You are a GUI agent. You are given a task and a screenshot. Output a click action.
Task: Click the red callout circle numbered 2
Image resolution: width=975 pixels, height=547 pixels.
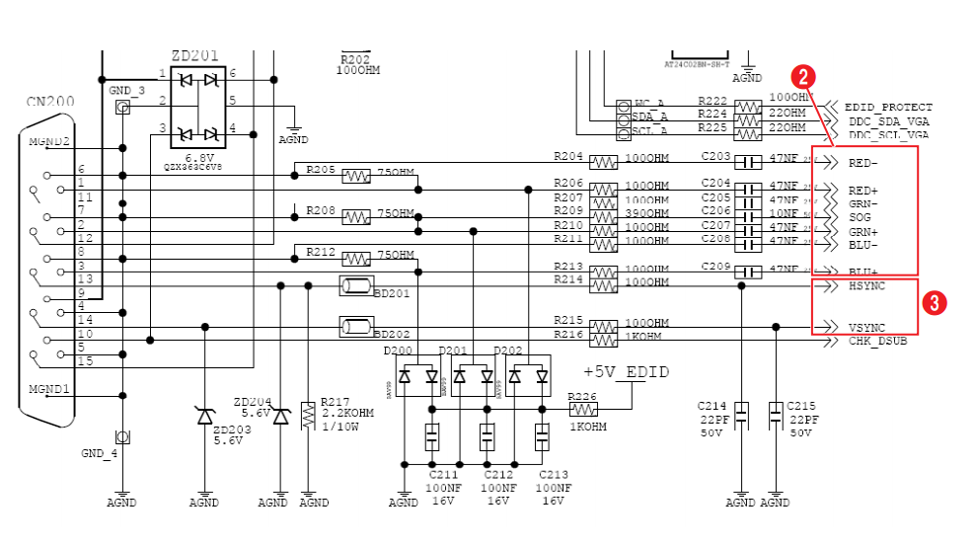click(x=804, y=76)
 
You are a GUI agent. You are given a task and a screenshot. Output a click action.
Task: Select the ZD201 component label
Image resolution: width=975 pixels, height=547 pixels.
click(x=194, y=56)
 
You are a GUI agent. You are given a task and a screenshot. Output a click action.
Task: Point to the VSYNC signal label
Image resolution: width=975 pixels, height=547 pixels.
click(x=867, y=327)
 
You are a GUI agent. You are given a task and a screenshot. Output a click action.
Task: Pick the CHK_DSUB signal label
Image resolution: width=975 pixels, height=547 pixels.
click(x=877, y=341)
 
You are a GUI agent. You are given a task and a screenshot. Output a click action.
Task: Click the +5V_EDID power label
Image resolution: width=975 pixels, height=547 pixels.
click(x=626, y=372)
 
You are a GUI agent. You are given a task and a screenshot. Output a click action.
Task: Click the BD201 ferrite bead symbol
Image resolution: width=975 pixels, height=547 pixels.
click(x=355, y=286)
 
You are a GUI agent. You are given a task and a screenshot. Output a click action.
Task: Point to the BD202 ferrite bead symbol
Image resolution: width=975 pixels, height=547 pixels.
click(x=355, y=327)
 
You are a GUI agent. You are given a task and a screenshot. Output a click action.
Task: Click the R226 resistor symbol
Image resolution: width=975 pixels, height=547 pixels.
click(x=583, y=409)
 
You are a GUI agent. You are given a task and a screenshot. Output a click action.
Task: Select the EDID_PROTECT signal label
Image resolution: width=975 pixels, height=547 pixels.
click(x=888, y=108)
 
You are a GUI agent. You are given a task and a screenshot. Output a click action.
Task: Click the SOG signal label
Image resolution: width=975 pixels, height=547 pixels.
click(x=860, y=217)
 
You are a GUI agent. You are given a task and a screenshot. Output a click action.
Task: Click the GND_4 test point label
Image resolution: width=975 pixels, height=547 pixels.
click(x=99, y=453)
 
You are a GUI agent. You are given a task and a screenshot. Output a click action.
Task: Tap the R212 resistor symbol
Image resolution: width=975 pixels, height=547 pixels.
click(x=355, y=259)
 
